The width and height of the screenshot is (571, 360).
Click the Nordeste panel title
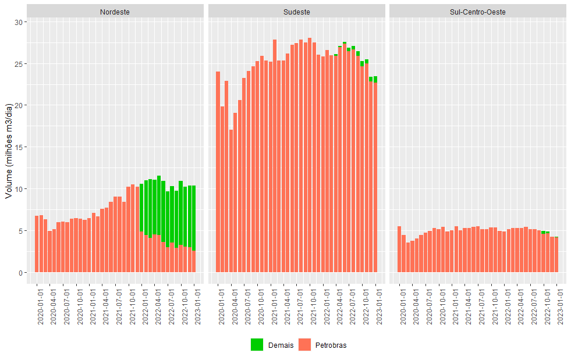coord(115,12)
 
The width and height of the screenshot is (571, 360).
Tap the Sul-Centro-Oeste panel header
coord(477,12)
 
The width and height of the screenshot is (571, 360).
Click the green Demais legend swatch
coord(257,345)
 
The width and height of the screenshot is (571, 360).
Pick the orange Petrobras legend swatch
coord(304,345)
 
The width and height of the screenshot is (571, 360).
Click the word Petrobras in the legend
coord(331,345)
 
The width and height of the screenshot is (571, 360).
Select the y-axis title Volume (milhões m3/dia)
coord(9,151)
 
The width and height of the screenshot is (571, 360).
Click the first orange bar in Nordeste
coord(37,244)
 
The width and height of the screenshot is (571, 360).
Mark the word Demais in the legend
coord(281,345)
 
